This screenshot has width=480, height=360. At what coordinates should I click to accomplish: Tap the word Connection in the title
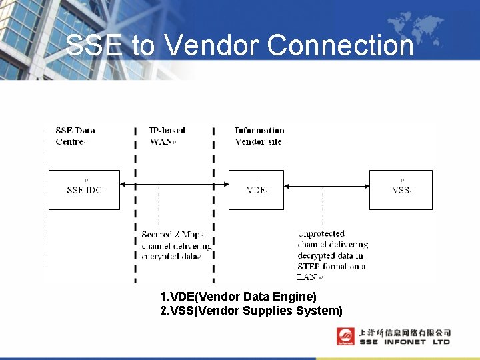(x=340, y=45)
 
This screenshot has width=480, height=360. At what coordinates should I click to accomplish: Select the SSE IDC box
(x=85, y=190)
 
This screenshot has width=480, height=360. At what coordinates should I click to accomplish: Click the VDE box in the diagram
(x=257, y=190)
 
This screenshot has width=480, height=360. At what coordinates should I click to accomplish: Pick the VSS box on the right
(x=401, y=190)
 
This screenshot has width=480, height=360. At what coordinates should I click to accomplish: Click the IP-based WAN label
(x=167, y=136)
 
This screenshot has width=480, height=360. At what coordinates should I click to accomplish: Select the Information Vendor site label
(x=259, y=136)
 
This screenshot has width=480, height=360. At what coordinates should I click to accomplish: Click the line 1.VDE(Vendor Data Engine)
(x=238, y=296)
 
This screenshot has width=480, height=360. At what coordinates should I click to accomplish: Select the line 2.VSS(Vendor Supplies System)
(x=251, y=311)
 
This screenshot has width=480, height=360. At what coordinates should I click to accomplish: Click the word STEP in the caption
(x=310, y=267)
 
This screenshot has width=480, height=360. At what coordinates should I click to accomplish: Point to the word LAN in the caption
(x=307, y=277)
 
